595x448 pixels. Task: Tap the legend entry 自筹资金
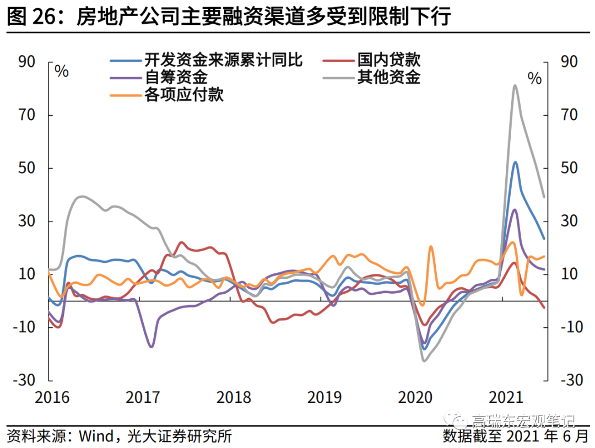coord(176,77)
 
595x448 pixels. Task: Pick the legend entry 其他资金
coord(388,77)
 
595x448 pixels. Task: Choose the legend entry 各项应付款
coord(184,95)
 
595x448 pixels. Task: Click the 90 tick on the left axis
coord(26,62)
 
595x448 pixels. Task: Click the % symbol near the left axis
coord(62,72)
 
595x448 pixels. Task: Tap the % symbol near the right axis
coord(534,78)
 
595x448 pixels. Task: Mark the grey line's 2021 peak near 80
coord(515,86)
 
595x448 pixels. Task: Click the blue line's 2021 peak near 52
coord(515,162)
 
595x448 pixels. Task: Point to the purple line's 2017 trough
coord(151,347)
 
